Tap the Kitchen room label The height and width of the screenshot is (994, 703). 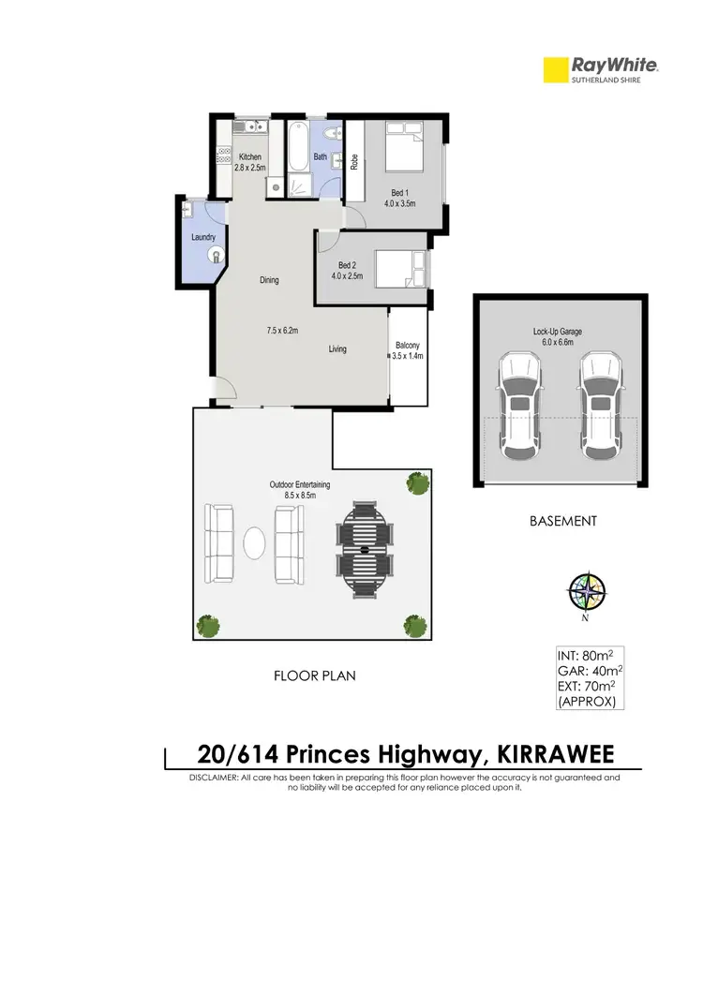250,156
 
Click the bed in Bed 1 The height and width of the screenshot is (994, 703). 407,149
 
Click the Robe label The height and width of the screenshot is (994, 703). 354,161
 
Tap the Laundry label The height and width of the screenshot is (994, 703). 203,237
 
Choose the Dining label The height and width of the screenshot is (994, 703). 269,280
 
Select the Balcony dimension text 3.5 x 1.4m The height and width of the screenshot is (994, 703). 409,356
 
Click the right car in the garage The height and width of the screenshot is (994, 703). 600,405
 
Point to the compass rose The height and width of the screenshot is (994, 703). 587,592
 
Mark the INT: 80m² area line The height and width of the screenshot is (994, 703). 587,656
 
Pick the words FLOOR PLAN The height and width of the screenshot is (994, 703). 314,675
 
